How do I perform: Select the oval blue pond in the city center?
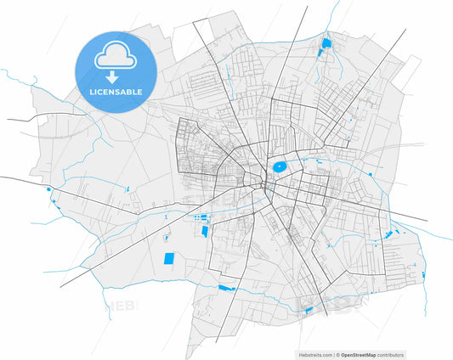(279, 167)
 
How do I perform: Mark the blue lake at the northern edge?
(326, 43)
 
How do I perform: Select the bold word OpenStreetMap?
(360, 354)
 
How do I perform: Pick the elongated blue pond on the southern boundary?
(226, 289)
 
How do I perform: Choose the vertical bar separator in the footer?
(334, 354)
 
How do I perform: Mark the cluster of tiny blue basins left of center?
(202, 223)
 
